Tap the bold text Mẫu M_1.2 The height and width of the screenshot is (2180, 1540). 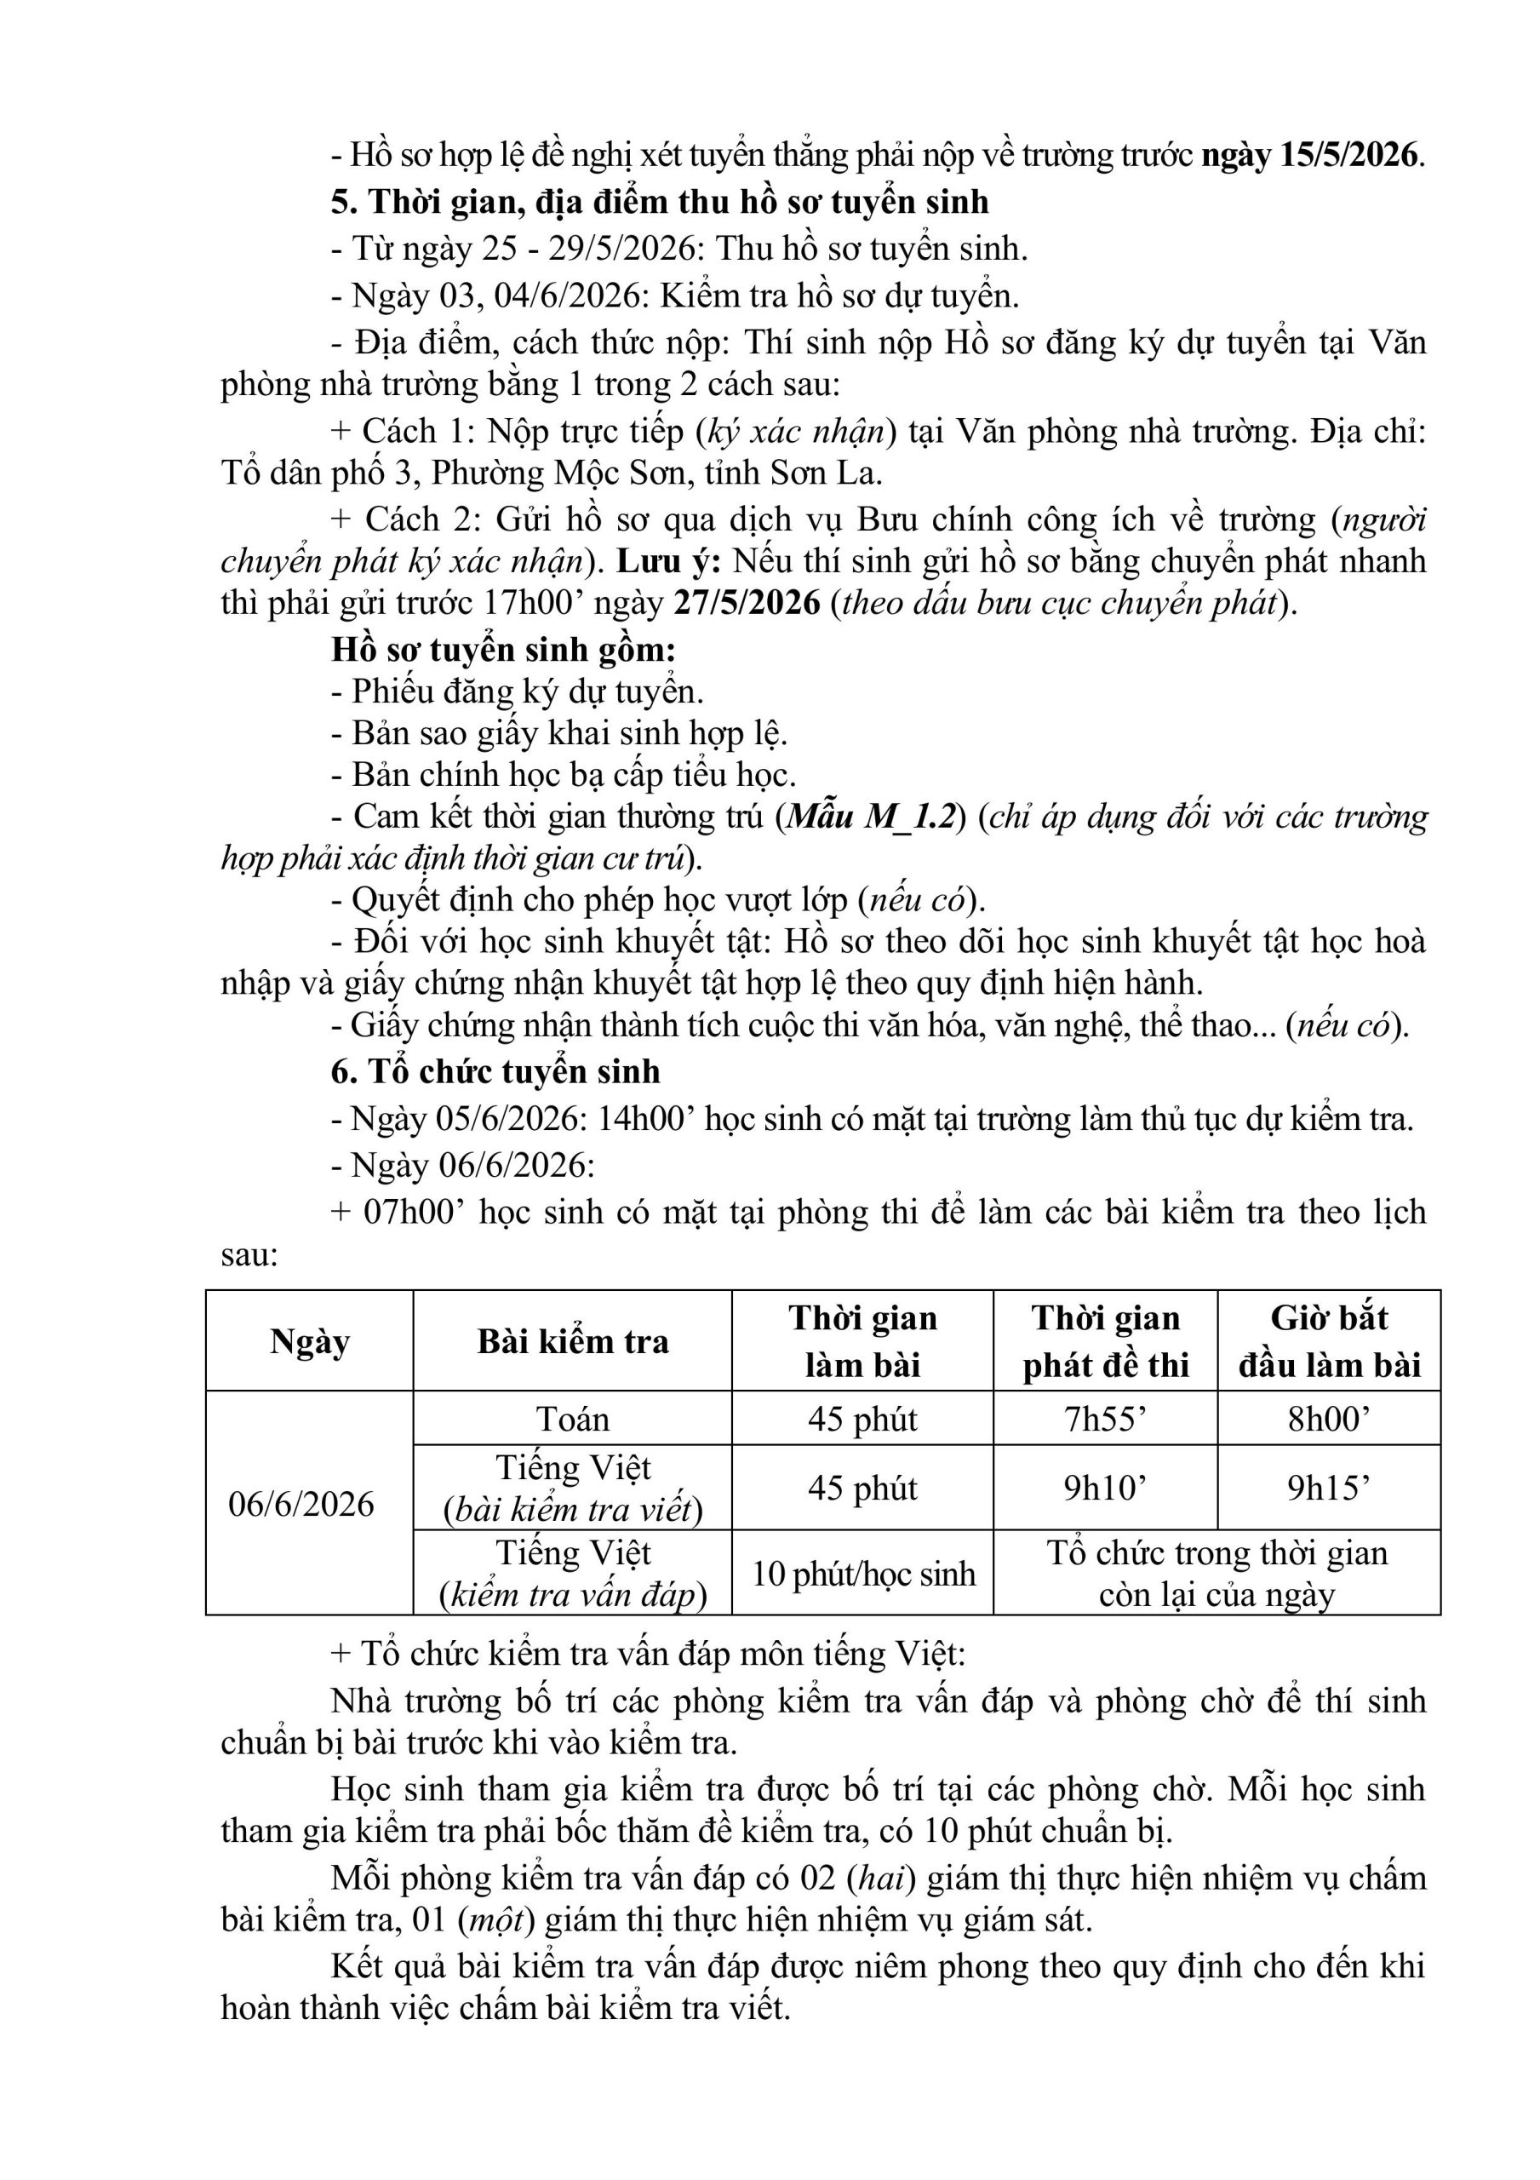(870, 817)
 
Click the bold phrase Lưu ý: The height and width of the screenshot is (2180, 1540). (669, 561)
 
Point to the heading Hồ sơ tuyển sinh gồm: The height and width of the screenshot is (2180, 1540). (503, 651)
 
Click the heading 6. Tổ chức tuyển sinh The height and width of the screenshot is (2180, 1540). (495, 1072)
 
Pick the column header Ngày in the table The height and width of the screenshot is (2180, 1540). (310, 1340)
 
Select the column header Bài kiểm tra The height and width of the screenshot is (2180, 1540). (573, 1340)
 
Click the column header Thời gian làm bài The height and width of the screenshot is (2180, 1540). (862, 1340)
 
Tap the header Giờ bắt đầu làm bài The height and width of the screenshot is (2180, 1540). (1328, 1340)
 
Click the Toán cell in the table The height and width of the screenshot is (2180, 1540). (573, 1419)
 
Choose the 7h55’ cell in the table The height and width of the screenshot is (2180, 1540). (1105, 1419)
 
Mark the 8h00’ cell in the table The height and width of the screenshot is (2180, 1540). (1328, 1419)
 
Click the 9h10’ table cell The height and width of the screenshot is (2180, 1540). (1105, 1488)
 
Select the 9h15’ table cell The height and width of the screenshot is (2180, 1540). (1328, 1488)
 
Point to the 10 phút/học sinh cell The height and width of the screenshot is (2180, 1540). (863, 1574)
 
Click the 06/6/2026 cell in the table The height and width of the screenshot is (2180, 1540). (301, 1504)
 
